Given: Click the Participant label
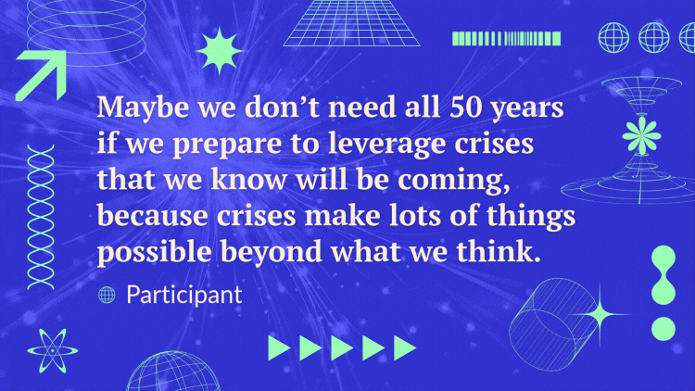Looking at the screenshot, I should coord(183,295).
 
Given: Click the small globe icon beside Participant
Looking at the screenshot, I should coord(107,296).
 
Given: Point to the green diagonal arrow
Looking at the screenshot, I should coord(40,74).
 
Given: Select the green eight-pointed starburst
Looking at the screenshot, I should coord(219,50).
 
